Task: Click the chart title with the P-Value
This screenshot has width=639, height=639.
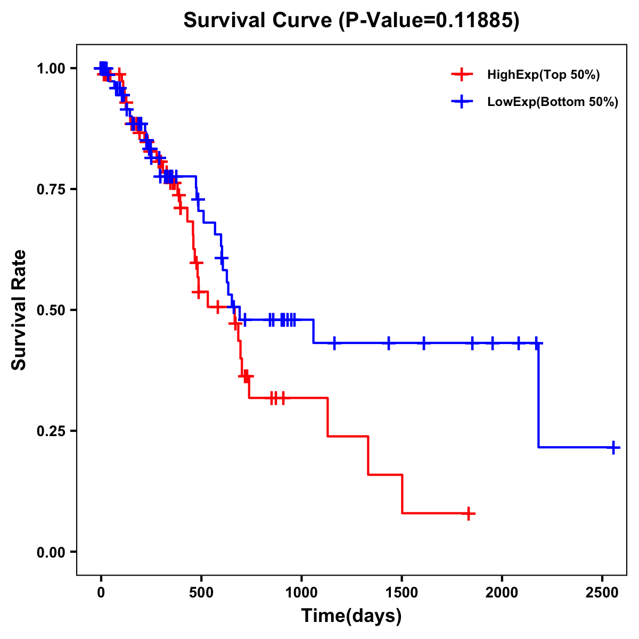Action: (x=351, y=21)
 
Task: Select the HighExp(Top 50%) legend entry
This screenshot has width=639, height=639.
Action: (x=543, y=75)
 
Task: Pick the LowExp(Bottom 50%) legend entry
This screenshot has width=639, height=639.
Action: (x=552, y=102)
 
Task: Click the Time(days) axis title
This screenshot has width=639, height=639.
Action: (x=351, y=616)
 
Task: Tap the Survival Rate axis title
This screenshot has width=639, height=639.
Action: (x=19, y=310)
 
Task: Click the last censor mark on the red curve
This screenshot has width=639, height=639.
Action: (x=469, y=514)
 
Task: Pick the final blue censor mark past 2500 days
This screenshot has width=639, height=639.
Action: (x=613, y=447)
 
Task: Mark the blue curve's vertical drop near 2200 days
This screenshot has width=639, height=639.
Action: (x=538, y=394)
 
